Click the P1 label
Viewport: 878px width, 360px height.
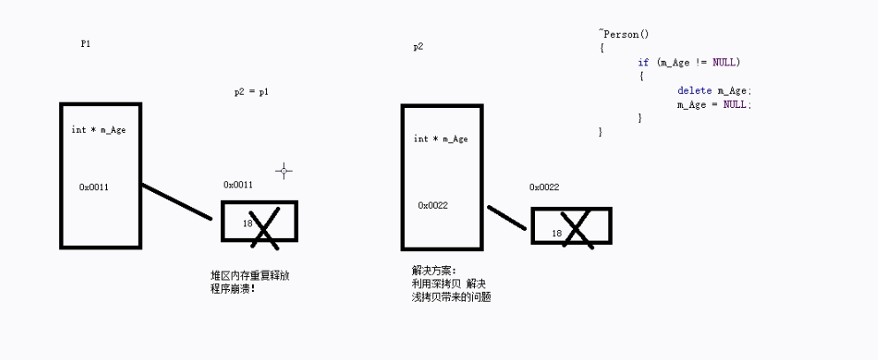point(86,42)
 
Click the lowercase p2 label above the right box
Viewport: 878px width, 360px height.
point(418,46)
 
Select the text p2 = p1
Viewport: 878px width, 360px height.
point(251,92)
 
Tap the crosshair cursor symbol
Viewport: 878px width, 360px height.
point(284,170)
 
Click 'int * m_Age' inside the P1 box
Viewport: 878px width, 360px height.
point(99,130)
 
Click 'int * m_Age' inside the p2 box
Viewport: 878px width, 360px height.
point(440,139)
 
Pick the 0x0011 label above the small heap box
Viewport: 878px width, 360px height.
point(238,184)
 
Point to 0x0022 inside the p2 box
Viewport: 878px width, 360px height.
point(433,205)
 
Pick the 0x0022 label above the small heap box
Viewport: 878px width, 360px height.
point(544,188)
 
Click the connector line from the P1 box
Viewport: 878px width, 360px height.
point(177,202)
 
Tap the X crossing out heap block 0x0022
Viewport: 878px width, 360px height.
point(576,229)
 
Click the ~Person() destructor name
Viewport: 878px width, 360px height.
point(624,34)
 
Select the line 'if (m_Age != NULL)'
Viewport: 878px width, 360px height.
point(689,63)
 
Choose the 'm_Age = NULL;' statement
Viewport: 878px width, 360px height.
point(714,104)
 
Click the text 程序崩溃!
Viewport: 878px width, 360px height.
point(233,288)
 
